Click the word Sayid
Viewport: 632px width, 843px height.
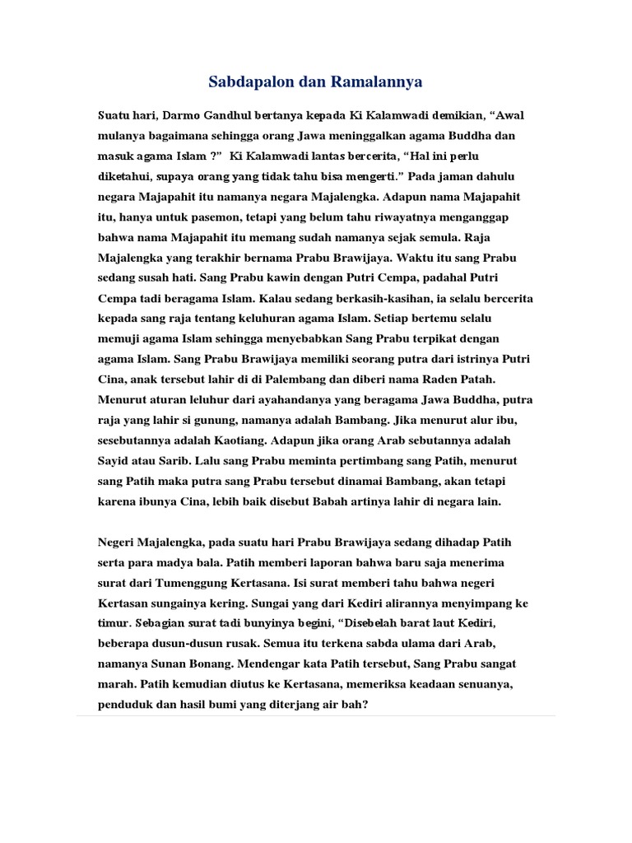[116, 460]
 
